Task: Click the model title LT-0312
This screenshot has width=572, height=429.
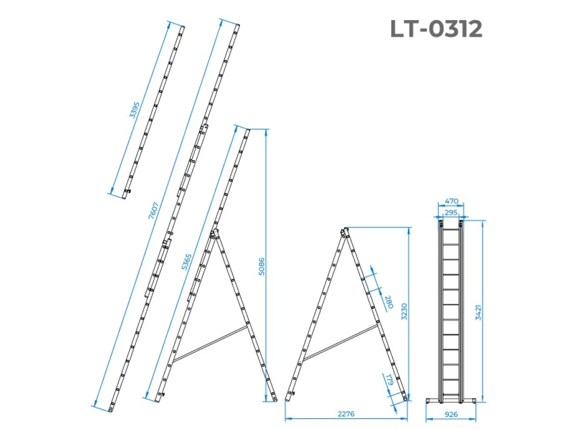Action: tap(436, 29)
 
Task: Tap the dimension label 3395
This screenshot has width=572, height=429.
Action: tap(134, 110)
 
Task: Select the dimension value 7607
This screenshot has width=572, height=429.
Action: tap(153, 210)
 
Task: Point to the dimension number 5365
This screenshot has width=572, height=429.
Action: tap(186, 262)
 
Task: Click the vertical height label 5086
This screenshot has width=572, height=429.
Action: tap(261, 266)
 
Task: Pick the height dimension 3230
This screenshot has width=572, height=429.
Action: tap(404, 311)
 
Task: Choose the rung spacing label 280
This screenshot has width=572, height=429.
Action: tap(389, 302)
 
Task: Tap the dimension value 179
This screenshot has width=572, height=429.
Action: tap(389, 380)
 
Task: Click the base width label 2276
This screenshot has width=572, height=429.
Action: tap(346, 414)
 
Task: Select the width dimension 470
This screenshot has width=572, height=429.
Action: tap(451, 201)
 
